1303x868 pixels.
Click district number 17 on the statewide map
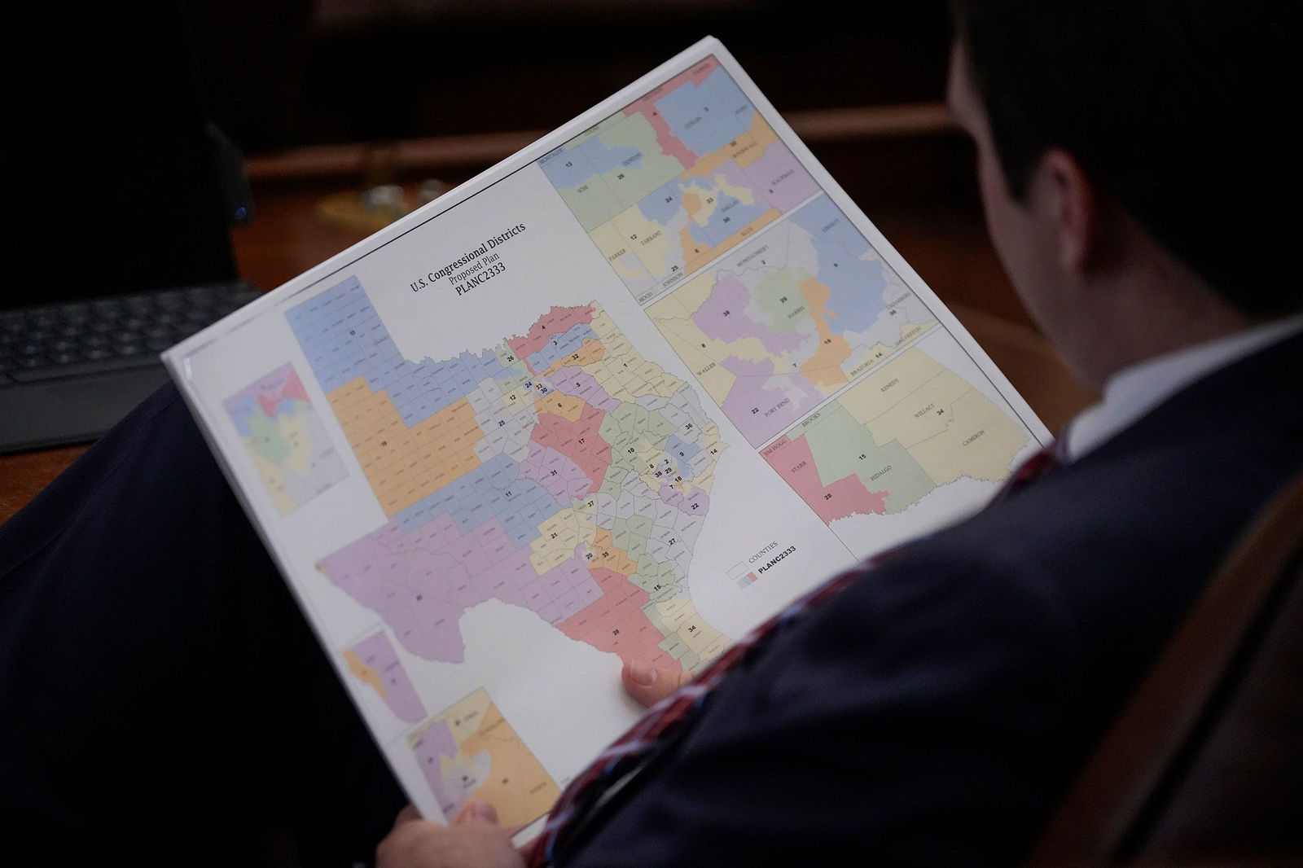pos(581,441)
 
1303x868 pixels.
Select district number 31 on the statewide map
pos(553,472)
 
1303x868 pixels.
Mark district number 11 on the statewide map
pos(509,493)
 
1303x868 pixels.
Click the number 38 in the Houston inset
pos(725,313)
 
